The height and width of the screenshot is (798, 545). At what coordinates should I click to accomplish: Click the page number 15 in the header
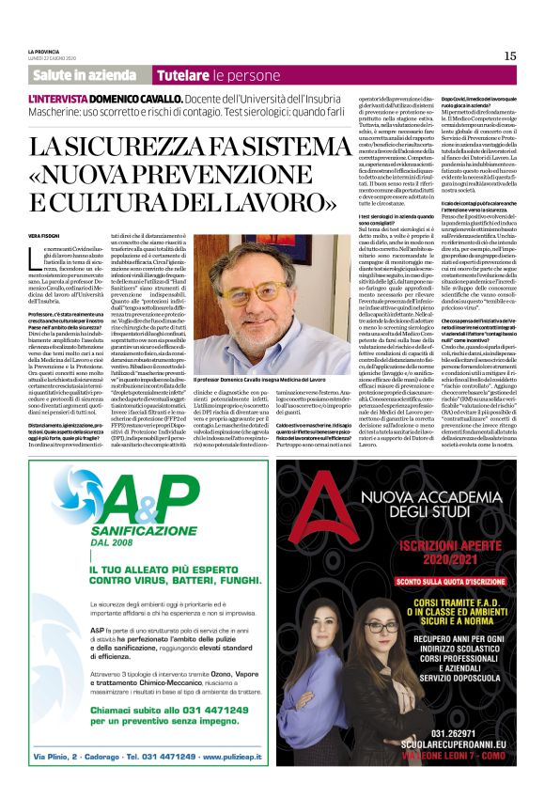[x=509, y=55]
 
